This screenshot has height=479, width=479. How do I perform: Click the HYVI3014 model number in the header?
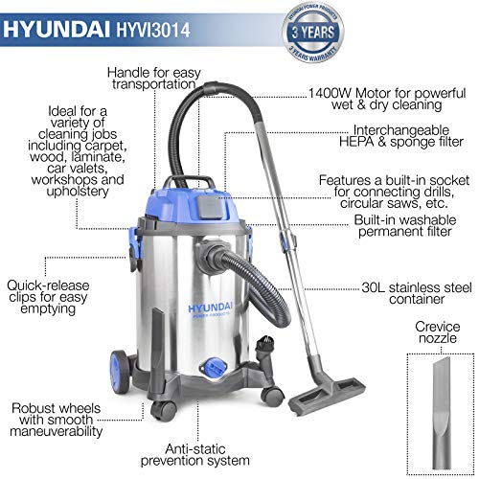(153, 30)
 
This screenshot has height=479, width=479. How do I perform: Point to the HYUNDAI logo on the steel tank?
(210, 308)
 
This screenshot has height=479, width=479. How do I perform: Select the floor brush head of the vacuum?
(327, 395)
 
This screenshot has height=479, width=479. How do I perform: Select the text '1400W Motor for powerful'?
(387, 93)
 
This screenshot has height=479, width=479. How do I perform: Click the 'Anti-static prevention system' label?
(195, 455)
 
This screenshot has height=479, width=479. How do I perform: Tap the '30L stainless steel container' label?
(417, 293)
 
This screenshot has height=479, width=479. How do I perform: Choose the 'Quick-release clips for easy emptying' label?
(48, 297)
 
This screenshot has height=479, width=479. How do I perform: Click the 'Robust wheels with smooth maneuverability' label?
(57, 420)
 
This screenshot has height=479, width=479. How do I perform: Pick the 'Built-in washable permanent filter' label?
(405, 226)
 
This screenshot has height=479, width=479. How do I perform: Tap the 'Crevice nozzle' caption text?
(437, 332)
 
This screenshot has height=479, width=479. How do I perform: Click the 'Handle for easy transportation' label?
(154, 79)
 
